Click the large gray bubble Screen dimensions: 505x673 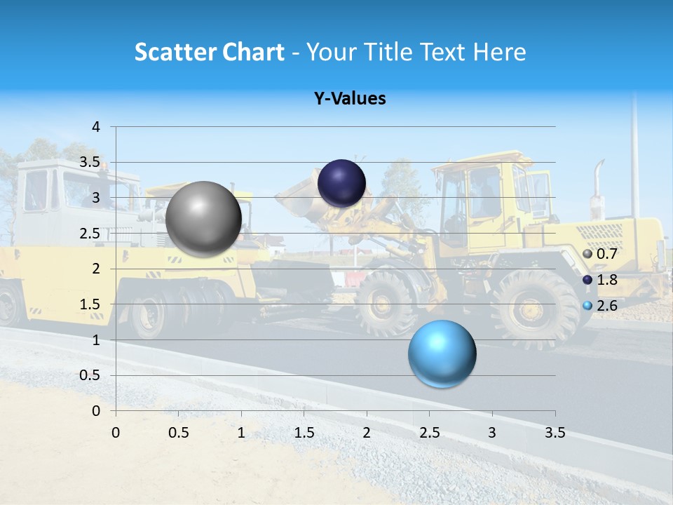click(x=203, y=219)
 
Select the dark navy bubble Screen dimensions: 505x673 click(x=341, y=184)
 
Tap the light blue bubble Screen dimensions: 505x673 click(x=442, y=353)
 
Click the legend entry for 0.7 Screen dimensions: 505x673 click(x=600, y=254)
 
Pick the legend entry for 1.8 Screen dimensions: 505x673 click(x=600, y=280)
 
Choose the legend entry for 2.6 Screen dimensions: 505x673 click(x=600, y=306)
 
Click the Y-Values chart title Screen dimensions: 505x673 click(x=350, y=99)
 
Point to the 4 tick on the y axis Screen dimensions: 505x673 click(x=96, y=127)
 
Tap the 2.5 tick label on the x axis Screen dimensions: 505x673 click(x=430, y=433)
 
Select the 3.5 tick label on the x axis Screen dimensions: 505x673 click(x=555, y=433)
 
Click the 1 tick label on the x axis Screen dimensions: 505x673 click(x=241, y=433)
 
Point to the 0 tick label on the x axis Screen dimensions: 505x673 click(x=116, y=433)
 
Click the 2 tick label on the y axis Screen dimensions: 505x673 click(x=96, y=269)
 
